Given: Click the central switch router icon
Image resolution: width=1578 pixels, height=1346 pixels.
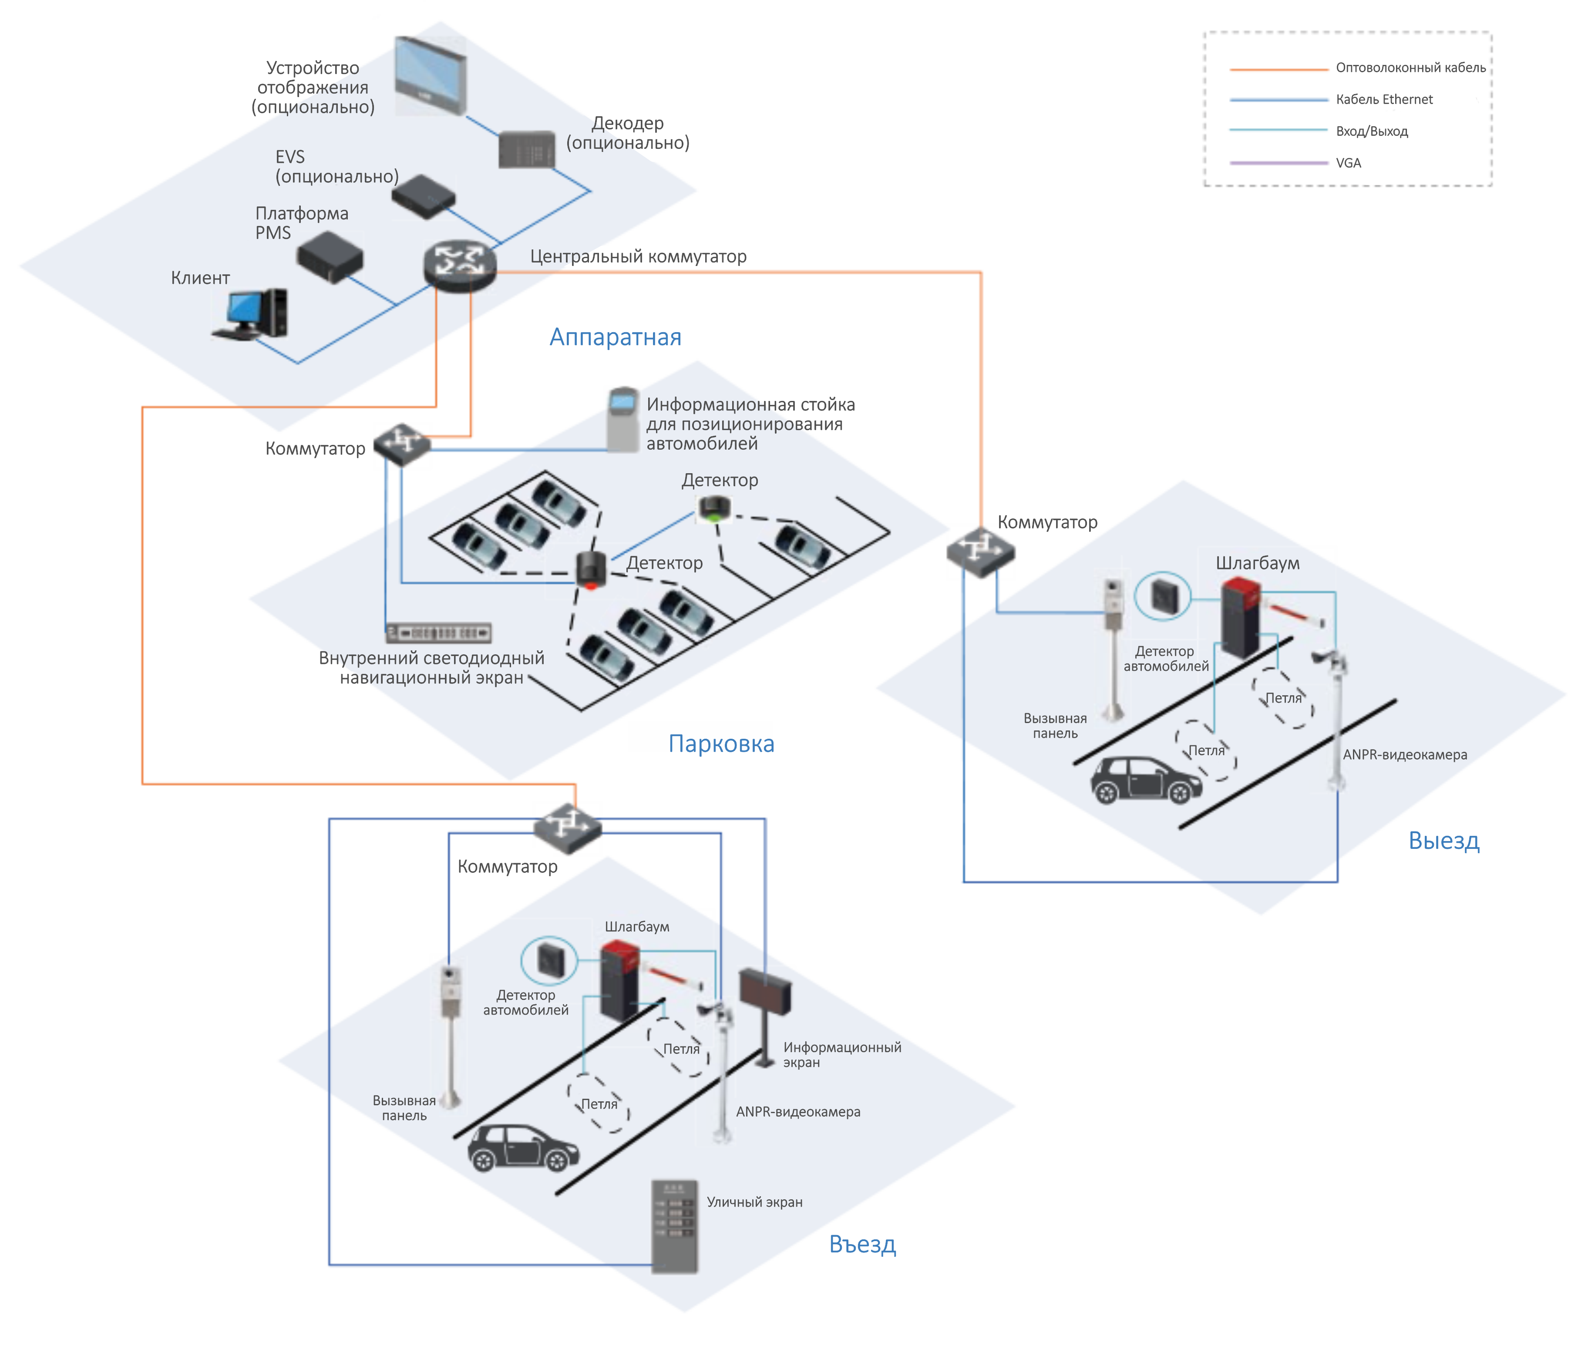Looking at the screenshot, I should pyautogui.click(x=459, y=264).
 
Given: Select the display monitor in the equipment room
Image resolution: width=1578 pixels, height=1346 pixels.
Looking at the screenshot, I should pyautogui.click(x=430, y=74).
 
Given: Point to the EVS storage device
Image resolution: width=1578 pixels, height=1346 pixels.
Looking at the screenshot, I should pyautogui.click(x=424, y=196).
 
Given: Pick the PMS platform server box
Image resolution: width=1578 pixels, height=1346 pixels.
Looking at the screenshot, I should pyautogui.click(x=330, y=257).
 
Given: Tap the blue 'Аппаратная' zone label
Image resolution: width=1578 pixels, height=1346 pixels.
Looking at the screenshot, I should pyautogui.click(x=616, y=336).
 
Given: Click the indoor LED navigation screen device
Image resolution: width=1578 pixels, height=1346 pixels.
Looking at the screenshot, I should pyautogui.click(x=439, y=633).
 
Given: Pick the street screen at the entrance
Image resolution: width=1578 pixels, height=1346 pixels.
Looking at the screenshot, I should pyautogui.click(x=674, y=1226).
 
